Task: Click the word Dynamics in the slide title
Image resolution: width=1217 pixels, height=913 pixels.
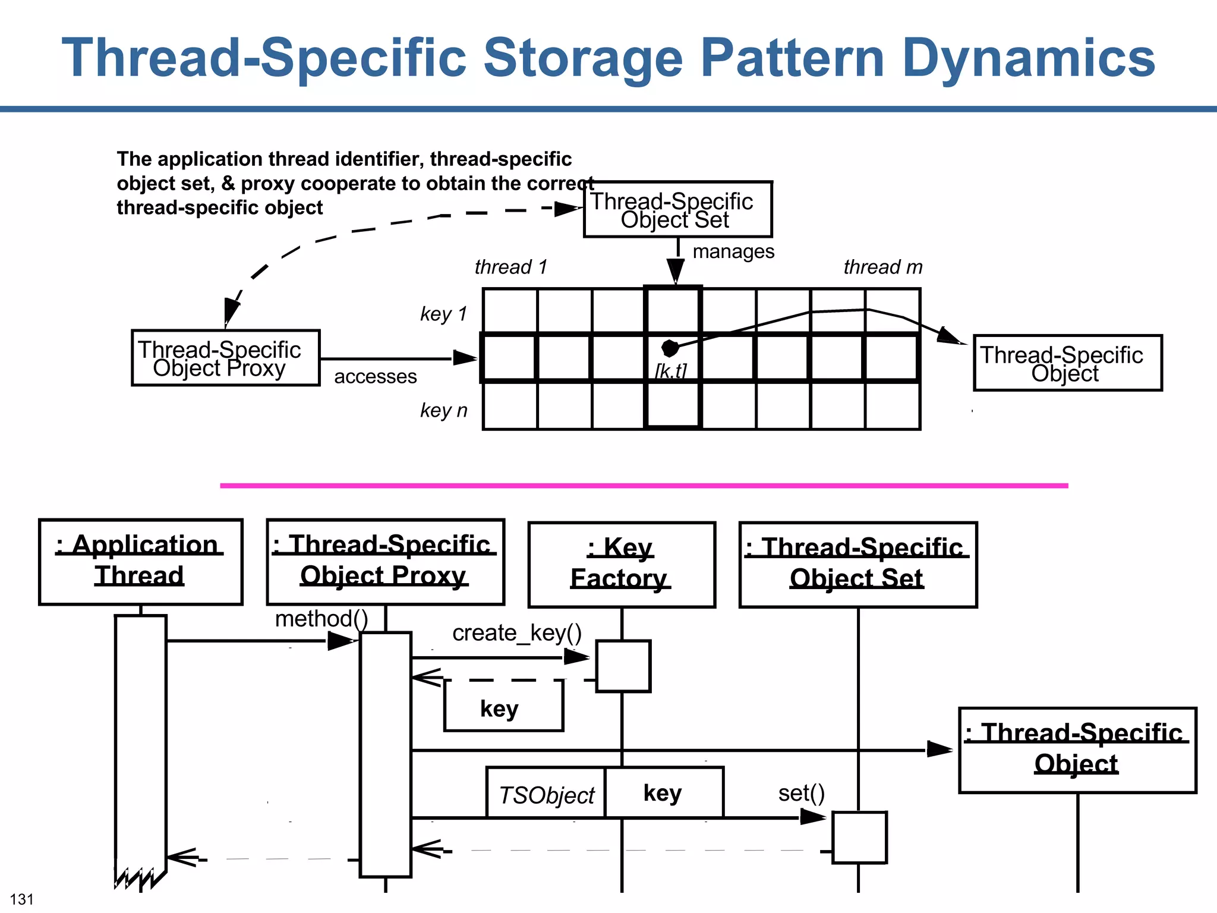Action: tap(1028, 58)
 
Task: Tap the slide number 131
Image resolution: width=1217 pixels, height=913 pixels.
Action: tap(22, 899)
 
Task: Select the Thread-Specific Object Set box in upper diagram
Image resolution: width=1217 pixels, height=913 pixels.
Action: tap(677, 210)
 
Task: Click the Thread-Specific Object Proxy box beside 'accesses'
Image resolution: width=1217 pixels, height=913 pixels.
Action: tap(225, 358)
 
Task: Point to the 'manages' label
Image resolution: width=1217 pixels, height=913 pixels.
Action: tap(733, 251)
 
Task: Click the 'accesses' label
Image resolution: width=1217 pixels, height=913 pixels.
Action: tap(375, 376)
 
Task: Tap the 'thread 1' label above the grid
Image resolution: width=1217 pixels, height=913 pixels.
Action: tap(510, 267)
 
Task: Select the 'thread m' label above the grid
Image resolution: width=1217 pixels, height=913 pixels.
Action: tap(883, 267)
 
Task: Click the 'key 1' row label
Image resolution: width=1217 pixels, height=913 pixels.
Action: tap(443, 314)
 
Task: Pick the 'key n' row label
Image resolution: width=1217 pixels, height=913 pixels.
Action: tap(443, 410)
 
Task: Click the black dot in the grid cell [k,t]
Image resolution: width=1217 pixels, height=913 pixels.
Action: tap(670, 348)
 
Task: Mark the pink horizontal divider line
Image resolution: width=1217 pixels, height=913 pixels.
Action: tap(644, 486)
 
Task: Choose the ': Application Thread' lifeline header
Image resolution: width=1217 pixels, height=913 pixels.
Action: tap(140, 562)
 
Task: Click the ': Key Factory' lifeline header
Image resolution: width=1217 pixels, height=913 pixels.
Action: tap(622, 565)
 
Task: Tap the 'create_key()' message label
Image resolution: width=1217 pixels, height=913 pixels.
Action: tap(516, 633)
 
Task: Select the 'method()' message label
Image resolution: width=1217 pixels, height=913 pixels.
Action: tap(321, 619)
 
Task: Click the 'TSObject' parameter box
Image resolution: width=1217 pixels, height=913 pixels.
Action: tap(546, 795)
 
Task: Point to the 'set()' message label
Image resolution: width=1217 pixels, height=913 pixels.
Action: tap(801, 793)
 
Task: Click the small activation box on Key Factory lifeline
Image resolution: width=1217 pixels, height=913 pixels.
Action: tap(623, 666)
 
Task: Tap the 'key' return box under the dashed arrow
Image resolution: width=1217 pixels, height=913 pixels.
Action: tap(503, 709)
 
